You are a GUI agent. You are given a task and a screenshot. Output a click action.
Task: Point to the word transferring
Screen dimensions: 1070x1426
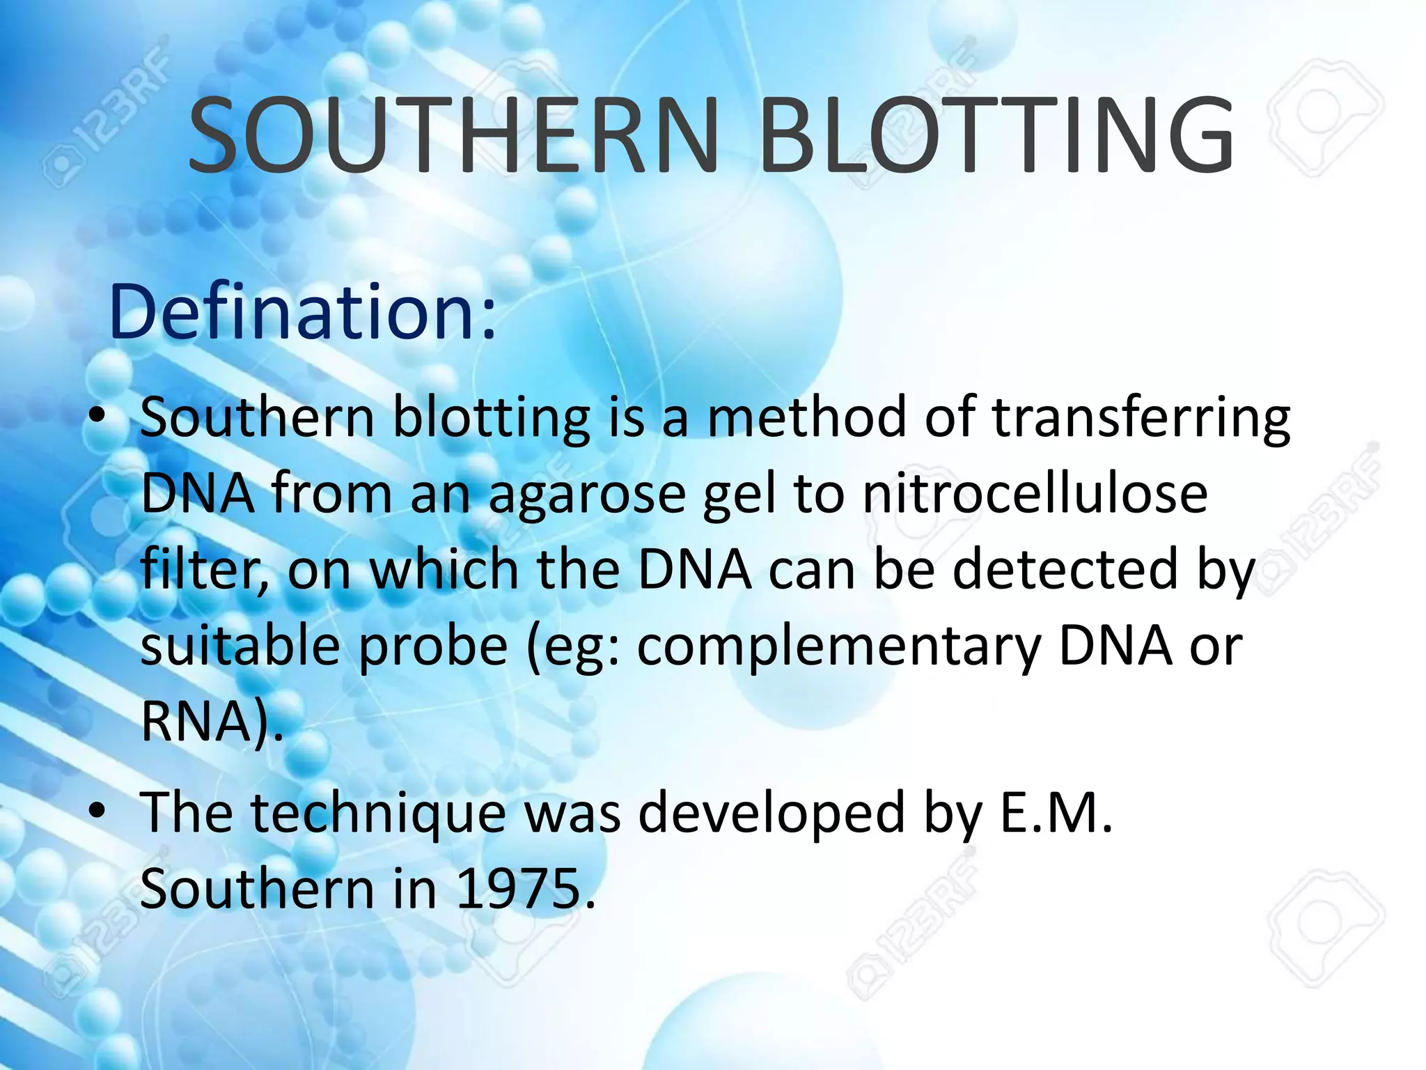(1141, 418)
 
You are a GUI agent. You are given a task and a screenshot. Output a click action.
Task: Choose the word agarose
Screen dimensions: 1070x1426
(587, 495)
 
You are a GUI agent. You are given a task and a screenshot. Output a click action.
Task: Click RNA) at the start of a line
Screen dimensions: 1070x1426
(209, 722)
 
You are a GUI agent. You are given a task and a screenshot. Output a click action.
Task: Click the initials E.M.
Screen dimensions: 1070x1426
(1055, 812)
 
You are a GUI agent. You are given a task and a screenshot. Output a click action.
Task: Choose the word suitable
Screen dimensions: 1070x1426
(240, 646)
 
